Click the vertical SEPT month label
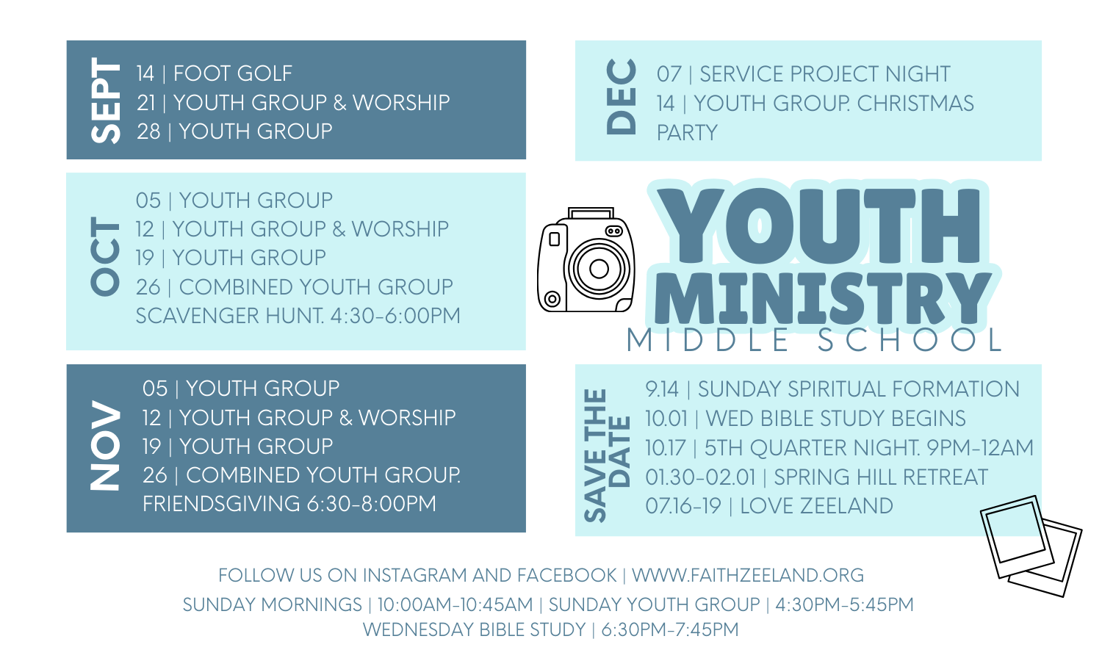point(105,101)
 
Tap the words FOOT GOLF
point(233,73)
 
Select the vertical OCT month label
point(105,256)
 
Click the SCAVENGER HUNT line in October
point(298,316)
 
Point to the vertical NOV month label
point(105,446)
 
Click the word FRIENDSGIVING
point(221,504)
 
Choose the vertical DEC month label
point(621,97)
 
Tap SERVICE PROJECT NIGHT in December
point(824,74)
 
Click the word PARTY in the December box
point(687,133)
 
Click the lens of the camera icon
point(599,269)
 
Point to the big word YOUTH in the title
point(820,225)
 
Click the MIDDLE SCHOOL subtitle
point(815,340)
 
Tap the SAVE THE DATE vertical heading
point(607,455)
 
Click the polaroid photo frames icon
point(1031,546)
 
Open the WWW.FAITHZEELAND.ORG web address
point(748,575)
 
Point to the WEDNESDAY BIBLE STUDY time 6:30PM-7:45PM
point(670,630)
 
